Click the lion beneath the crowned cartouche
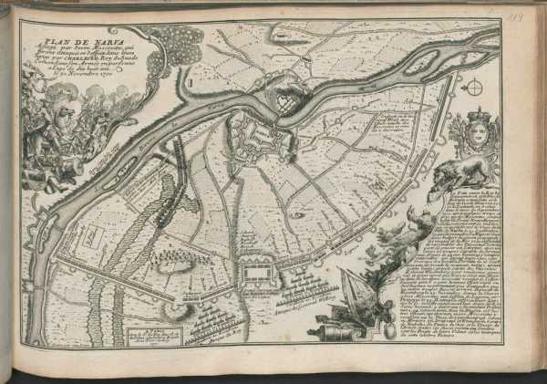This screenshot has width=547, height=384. click(458, 173)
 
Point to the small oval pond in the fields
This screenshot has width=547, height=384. click(297, 215)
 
